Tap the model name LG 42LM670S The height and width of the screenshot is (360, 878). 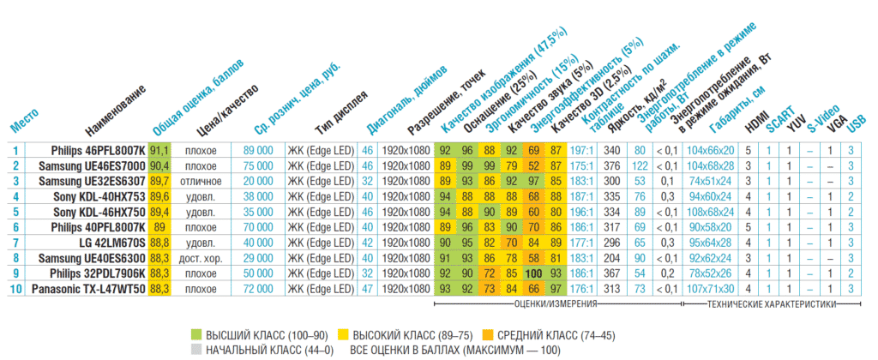(111, 243)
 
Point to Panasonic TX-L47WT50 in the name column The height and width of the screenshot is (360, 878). (88, 289)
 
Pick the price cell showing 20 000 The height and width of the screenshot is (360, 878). (257, 181)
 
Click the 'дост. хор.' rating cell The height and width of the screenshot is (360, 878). (200, 258)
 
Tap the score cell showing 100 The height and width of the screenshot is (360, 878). (533, 273)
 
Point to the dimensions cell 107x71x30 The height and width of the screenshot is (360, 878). (711, 289)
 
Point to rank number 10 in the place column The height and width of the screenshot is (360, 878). (15, 289)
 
